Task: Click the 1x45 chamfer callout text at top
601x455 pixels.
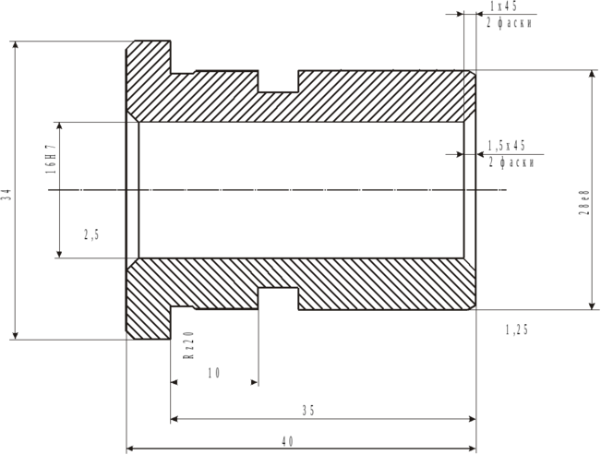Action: click(504, 6)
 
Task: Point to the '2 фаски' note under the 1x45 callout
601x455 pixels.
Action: click(509, 22)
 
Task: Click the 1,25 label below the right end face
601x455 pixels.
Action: click(516, 329)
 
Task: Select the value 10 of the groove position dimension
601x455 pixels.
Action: click(214, 373)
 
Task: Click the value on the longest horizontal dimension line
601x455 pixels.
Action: click(286, 441)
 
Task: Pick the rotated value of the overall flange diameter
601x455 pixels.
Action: click(6, 191)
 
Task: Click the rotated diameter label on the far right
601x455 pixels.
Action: click(583, 203)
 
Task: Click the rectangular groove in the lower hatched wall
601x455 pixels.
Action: click(278, 299)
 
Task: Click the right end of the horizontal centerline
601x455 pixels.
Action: click(506, 191)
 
